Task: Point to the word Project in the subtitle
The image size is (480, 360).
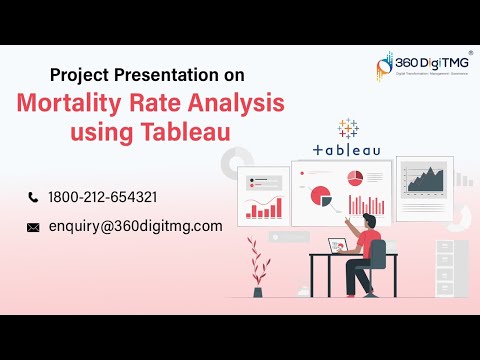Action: click(84, 74)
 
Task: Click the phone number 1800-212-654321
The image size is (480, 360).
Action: click(103, 197)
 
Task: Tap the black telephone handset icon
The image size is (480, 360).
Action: click(33, 197)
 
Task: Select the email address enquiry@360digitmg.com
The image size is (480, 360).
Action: click(135, 226)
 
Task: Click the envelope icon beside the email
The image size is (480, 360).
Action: click(33, 227)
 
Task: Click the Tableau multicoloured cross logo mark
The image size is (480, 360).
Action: click(347, 129)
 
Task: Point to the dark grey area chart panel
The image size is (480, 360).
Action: click(424, 180)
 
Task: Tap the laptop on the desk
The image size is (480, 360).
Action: click(342, 245)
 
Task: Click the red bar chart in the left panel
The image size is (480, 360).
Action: click(264, 208)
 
